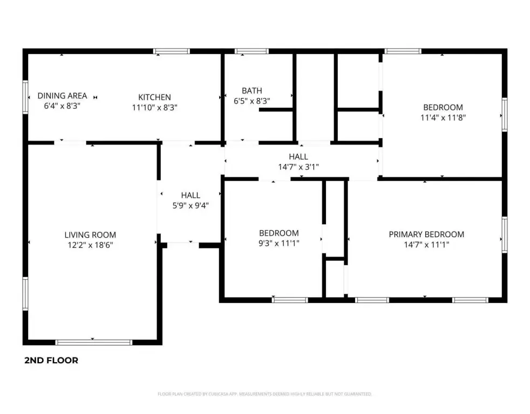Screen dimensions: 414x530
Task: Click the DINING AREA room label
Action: click(x=62, y=96)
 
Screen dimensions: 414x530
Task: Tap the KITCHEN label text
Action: click(x=155, y=98)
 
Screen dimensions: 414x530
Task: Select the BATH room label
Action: click(x=252, y=91)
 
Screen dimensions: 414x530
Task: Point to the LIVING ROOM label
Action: click(x=90, y=235)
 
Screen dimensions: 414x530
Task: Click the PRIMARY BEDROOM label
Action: click(x=426, y=234)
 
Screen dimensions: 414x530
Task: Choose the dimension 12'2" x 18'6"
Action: click(x=90, y=245)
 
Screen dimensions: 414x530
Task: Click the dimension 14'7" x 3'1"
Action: click(x=298, y=167)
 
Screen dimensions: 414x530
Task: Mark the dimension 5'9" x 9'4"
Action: click(x=191, y=205)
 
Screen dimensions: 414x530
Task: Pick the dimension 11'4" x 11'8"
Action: click(x=443, y=117)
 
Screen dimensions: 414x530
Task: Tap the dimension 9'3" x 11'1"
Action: click(x=279, y=243)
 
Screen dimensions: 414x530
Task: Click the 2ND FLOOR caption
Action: click(x=51, y=361)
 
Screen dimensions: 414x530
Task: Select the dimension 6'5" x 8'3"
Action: click(x=252, y=101)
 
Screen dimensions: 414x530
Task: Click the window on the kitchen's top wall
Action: click(x=172, y=51)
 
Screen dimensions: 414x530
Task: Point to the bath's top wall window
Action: click(x=252, y=51)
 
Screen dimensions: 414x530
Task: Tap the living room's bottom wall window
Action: click(x=94, y=342)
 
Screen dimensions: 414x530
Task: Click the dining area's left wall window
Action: click(x=25, y=97)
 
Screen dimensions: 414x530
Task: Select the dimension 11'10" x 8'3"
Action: click(x=155, y=107)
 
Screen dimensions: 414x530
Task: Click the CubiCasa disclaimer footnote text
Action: click(x=264, y=394)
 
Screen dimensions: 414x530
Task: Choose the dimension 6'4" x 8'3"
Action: click(x=62, y=106)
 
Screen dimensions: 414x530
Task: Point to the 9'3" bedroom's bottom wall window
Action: click(x=290, y=300)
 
